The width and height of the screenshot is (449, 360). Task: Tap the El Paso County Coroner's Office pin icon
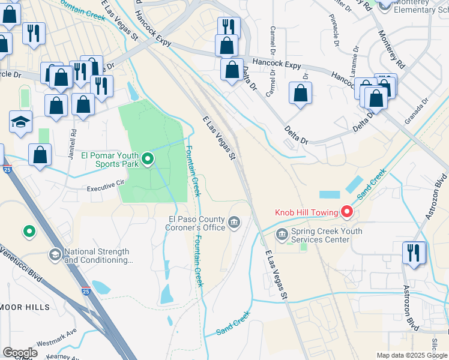click(x=234, y=224)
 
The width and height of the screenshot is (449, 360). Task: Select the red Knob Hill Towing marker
click(x=346, y=211)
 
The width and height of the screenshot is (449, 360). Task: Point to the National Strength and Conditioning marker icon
click(x=55, y=256)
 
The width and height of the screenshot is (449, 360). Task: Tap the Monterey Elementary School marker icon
click(x=384, y=5)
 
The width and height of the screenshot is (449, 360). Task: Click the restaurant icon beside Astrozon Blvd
click(x=414, y=252)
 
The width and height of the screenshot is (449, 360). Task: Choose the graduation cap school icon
click(x=21, y=122)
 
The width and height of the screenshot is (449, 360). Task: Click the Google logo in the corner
click(x=20, y=352)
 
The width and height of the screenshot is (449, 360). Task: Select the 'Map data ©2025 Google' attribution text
click(x=412, y=355)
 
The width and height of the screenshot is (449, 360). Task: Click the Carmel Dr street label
click(x=273, y=38)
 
